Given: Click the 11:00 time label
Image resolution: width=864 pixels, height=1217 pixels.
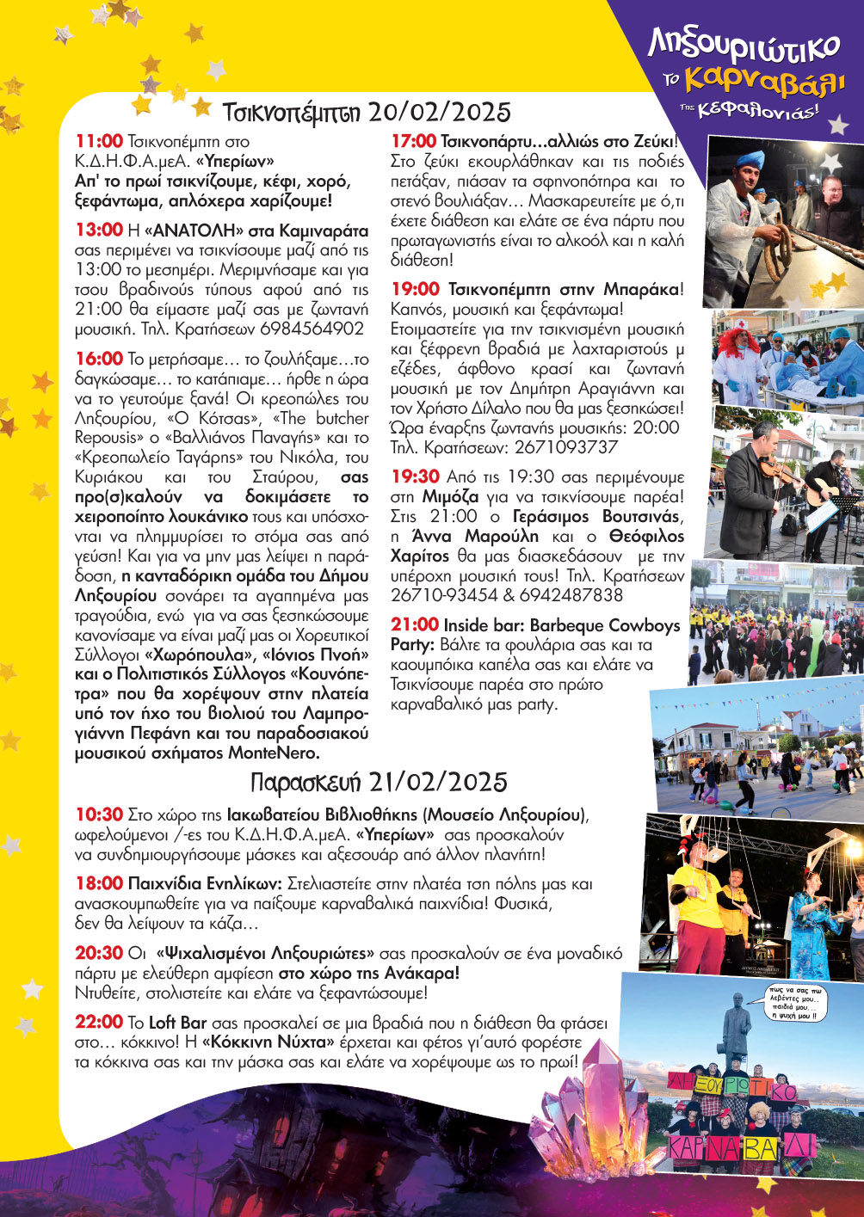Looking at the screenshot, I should [99, 141].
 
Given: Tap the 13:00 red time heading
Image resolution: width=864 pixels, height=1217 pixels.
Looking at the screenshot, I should [99, 230].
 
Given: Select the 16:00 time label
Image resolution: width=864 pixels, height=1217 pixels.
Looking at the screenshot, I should [99, 359].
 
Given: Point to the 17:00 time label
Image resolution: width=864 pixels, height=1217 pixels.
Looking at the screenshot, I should [414, 141].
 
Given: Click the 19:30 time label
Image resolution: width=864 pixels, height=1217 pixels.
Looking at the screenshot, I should [416, 476].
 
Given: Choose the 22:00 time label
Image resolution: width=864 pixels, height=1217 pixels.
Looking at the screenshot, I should [99, 1022].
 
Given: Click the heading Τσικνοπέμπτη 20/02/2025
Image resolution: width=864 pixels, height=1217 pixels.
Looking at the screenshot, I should [367, 113].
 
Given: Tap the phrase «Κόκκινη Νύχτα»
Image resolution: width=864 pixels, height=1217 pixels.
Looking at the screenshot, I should [268, 1042].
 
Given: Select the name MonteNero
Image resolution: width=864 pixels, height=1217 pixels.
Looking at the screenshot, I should [273, 753].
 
